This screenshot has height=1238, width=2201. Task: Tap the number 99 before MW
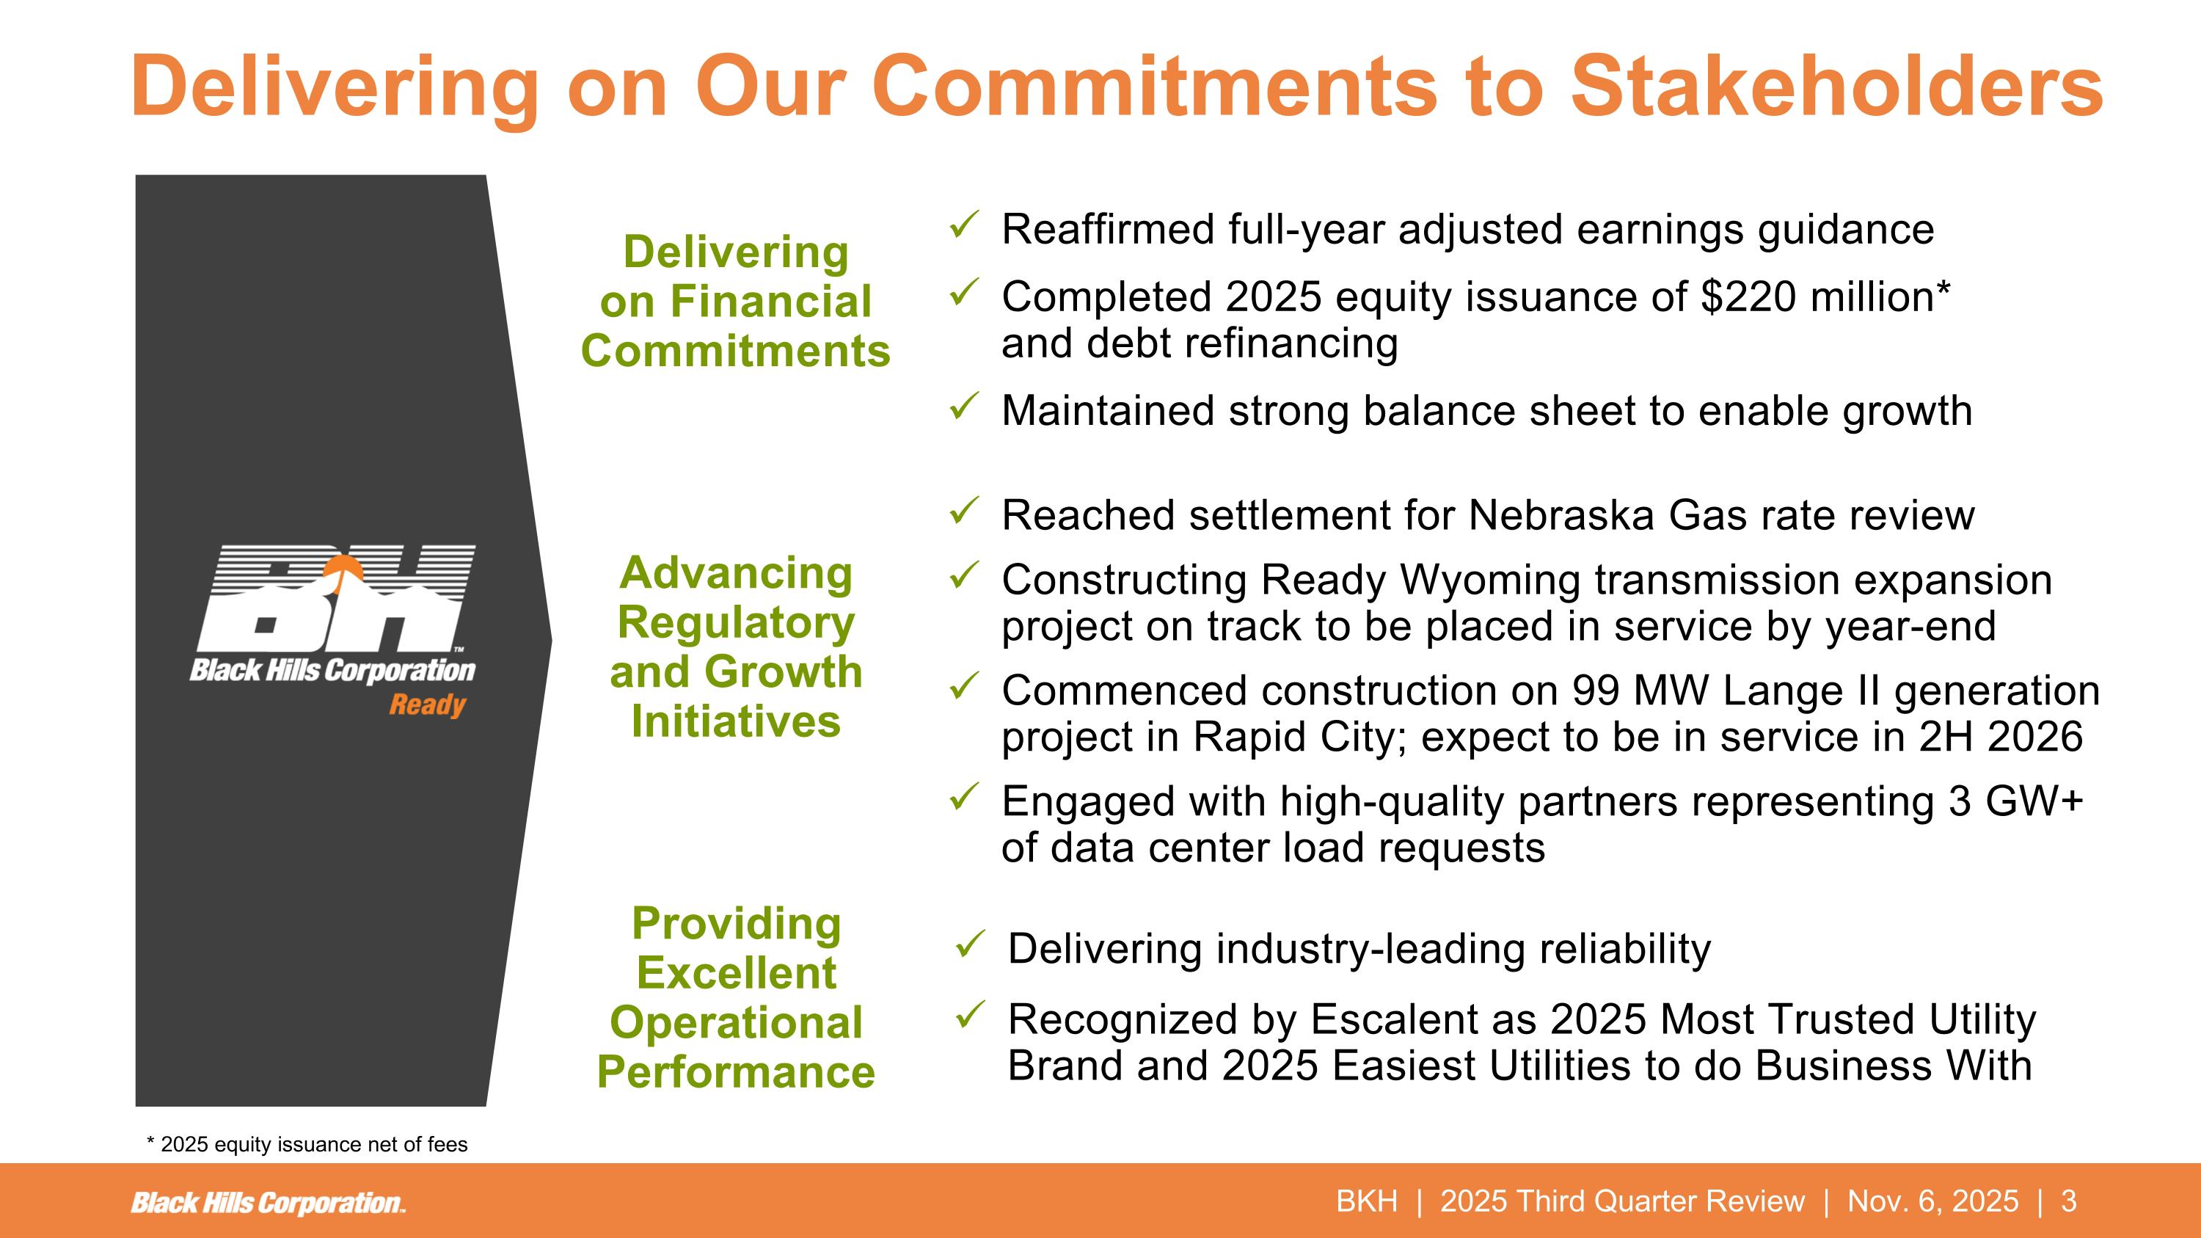[1595, 691]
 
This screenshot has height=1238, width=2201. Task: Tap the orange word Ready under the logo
[427, 705]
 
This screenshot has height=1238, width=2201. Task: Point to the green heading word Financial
[770, 302]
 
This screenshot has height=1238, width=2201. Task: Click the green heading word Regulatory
[736, 622]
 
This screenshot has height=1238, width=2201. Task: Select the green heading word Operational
[736, 1023]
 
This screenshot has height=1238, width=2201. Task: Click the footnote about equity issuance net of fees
[307, 1144]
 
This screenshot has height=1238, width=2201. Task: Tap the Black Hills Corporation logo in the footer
[268, 1203]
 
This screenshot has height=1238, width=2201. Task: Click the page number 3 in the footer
[2068, 1201]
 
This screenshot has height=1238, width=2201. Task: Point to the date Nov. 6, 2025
[1932, 1201]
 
